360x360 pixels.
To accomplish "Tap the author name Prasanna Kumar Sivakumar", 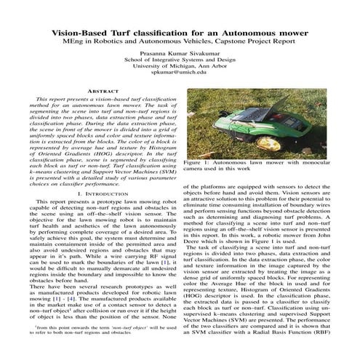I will [x=179, y=54].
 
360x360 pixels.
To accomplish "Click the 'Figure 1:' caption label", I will [x=196, y=163].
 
